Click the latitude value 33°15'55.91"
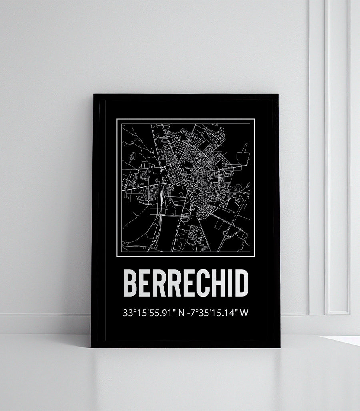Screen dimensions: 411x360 [149, 313]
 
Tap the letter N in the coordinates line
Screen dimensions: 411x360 [181, 313]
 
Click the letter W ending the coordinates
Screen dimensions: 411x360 [244, 313]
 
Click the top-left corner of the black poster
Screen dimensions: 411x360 [94, 94]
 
